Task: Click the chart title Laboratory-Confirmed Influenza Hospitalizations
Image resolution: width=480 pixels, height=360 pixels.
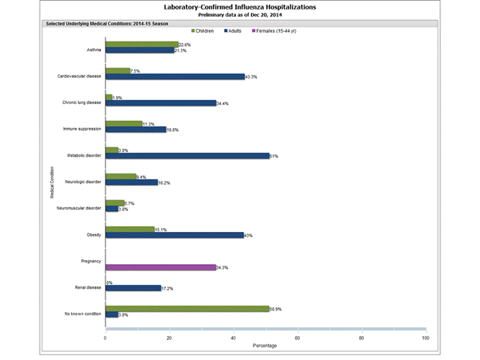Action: click(240, 6)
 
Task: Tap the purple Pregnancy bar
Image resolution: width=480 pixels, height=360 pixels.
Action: click(160, 267)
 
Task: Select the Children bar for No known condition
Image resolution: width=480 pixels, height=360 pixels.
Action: click(186, 307)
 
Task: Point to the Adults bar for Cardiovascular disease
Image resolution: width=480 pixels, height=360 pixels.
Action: click(175, 77)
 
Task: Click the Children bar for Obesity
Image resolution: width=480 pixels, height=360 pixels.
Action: click(130, 229)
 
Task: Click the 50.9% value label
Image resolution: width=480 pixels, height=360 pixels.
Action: click(277, 307)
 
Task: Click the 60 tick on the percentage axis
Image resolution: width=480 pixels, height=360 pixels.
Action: click(298, 338)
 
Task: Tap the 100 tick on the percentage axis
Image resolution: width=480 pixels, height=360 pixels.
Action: click(425, 338)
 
